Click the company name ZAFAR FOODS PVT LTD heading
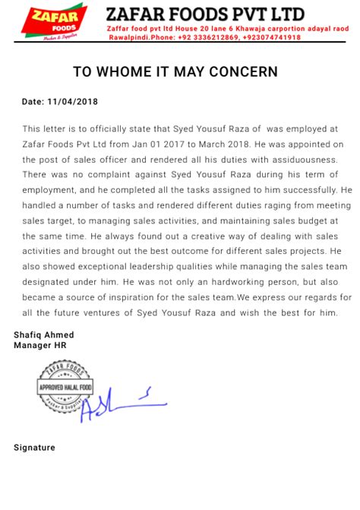(206, 14)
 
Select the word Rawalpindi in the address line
(127, 37)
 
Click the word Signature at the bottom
(34, 448)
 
